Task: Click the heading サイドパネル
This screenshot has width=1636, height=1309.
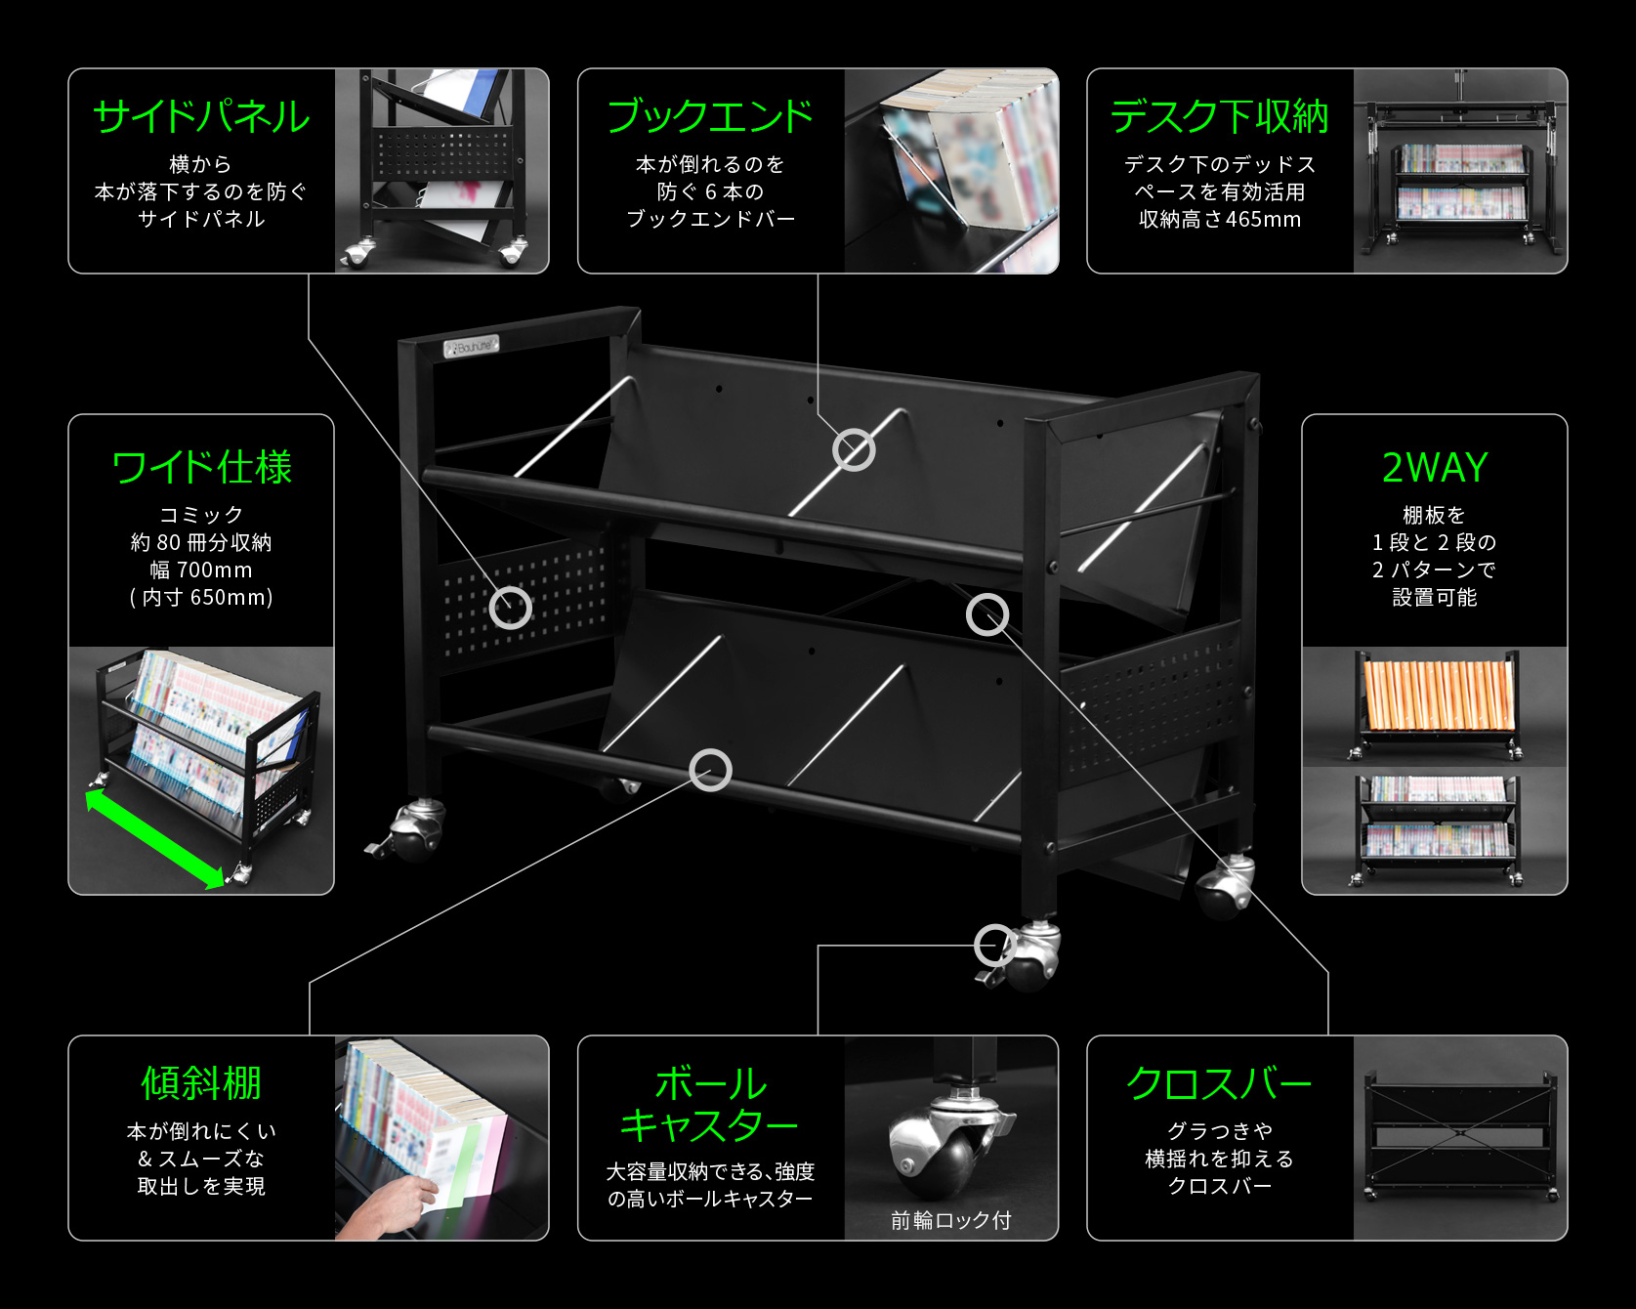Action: point(201,117)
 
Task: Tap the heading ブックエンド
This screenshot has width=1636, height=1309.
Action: point(710,116)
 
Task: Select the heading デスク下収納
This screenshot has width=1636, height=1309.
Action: point(1219,117)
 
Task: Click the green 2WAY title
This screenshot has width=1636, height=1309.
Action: point(1434,468)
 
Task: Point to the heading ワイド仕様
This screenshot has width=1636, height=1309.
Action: point(201,467)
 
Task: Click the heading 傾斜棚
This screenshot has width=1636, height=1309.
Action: point(201,1083)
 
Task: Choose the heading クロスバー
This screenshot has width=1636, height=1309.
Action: point(1219,1083)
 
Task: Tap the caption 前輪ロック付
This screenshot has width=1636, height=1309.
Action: point(950,1220)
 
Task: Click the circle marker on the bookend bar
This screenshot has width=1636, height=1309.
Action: point(854,449)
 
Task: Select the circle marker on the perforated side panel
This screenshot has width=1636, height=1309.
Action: point(510,608)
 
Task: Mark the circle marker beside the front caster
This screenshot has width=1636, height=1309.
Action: point(994,945)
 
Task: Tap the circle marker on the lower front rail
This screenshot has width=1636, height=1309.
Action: point(710,770)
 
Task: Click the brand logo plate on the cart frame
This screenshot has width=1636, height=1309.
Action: point(472,346)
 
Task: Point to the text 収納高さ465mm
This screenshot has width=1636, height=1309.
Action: point(1219,220)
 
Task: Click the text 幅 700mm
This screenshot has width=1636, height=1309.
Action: point(201,570)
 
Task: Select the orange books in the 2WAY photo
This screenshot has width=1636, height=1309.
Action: point(1437,695)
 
